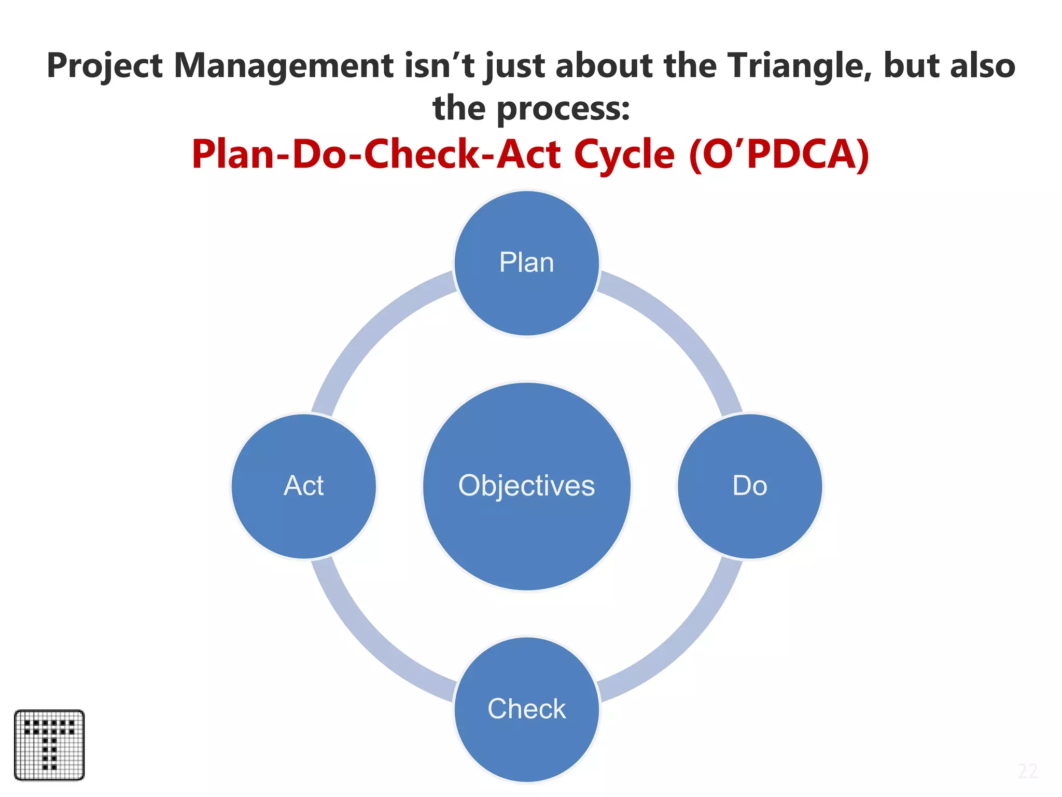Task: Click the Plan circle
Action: click(x=526, y=263)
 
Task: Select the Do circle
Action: click(x=749, y=486)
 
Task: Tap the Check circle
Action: click(x=526, y=709)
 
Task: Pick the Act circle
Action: click(x=304, y=486)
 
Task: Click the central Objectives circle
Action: click(x=526, y=486)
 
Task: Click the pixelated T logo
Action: click(x=49, y=745)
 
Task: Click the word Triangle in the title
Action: click(x=799, y=66)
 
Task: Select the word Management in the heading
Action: click(x=283, y=66)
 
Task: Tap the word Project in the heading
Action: click(x=105, y=66)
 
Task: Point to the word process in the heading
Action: click(x=563, y=109)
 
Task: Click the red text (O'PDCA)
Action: click(x=779, y=155)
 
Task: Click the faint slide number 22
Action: click(x=1027, y=772)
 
